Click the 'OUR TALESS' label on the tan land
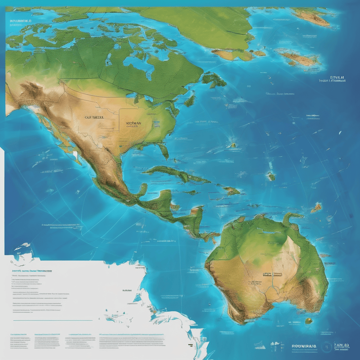[94, 118]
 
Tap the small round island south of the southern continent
[309, 321]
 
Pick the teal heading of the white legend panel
[32, 271]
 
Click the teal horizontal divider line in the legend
[53, 320]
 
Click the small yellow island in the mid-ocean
[232, 144]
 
